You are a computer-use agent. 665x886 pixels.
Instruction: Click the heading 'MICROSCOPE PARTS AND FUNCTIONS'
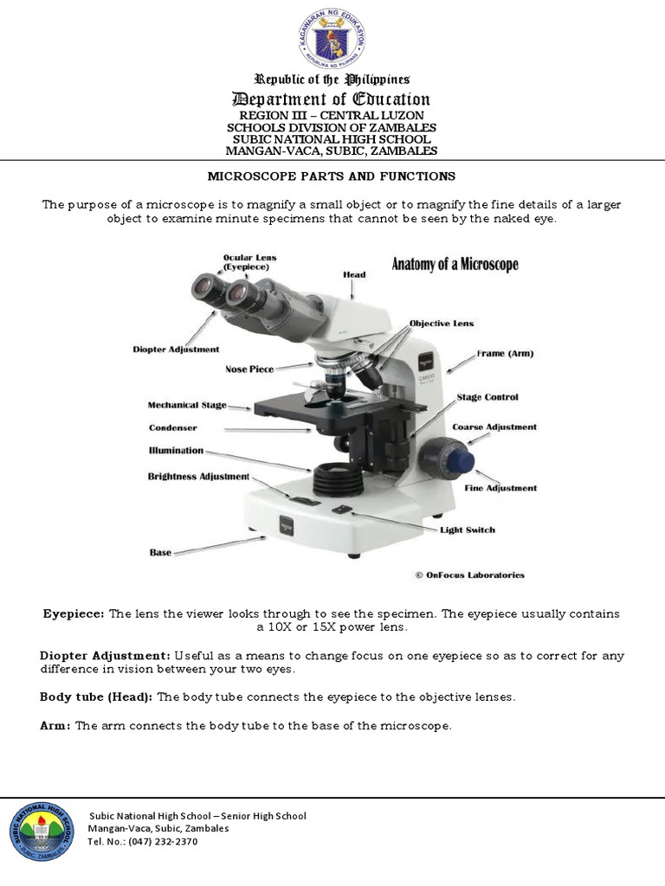tap(332, 177)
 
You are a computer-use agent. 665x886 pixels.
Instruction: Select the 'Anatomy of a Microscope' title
tap(455, 264)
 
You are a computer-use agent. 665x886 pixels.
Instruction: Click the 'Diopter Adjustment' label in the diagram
tap(176, 350)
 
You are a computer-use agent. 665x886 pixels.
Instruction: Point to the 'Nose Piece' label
tap(249, 369)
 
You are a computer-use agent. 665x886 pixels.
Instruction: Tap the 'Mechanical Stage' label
tap(187, 405)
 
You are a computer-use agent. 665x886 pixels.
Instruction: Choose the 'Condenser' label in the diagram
tap(172, 427)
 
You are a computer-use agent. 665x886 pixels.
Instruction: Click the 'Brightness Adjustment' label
tap(198, 477)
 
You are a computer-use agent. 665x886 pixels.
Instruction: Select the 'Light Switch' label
tap(468, 530)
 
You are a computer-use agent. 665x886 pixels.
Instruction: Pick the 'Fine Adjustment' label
tap(500, 488)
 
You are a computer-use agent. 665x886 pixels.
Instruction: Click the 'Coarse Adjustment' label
tap(494, 427)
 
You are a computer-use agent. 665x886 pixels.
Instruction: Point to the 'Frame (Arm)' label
tap(505, 354)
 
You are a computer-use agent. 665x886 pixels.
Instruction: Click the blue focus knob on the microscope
tap(460, 458)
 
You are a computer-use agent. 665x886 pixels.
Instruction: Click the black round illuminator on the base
tap(335, 478)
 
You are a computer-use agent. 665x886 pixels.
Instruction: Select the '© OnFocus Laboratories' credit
tap(469, 575)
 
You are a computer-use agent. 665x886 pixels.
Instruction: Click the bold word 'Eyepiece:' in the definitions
tap(74, 613)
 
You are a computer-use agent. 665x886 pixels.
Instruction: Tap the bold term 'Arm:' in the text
tap(55, 726)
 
